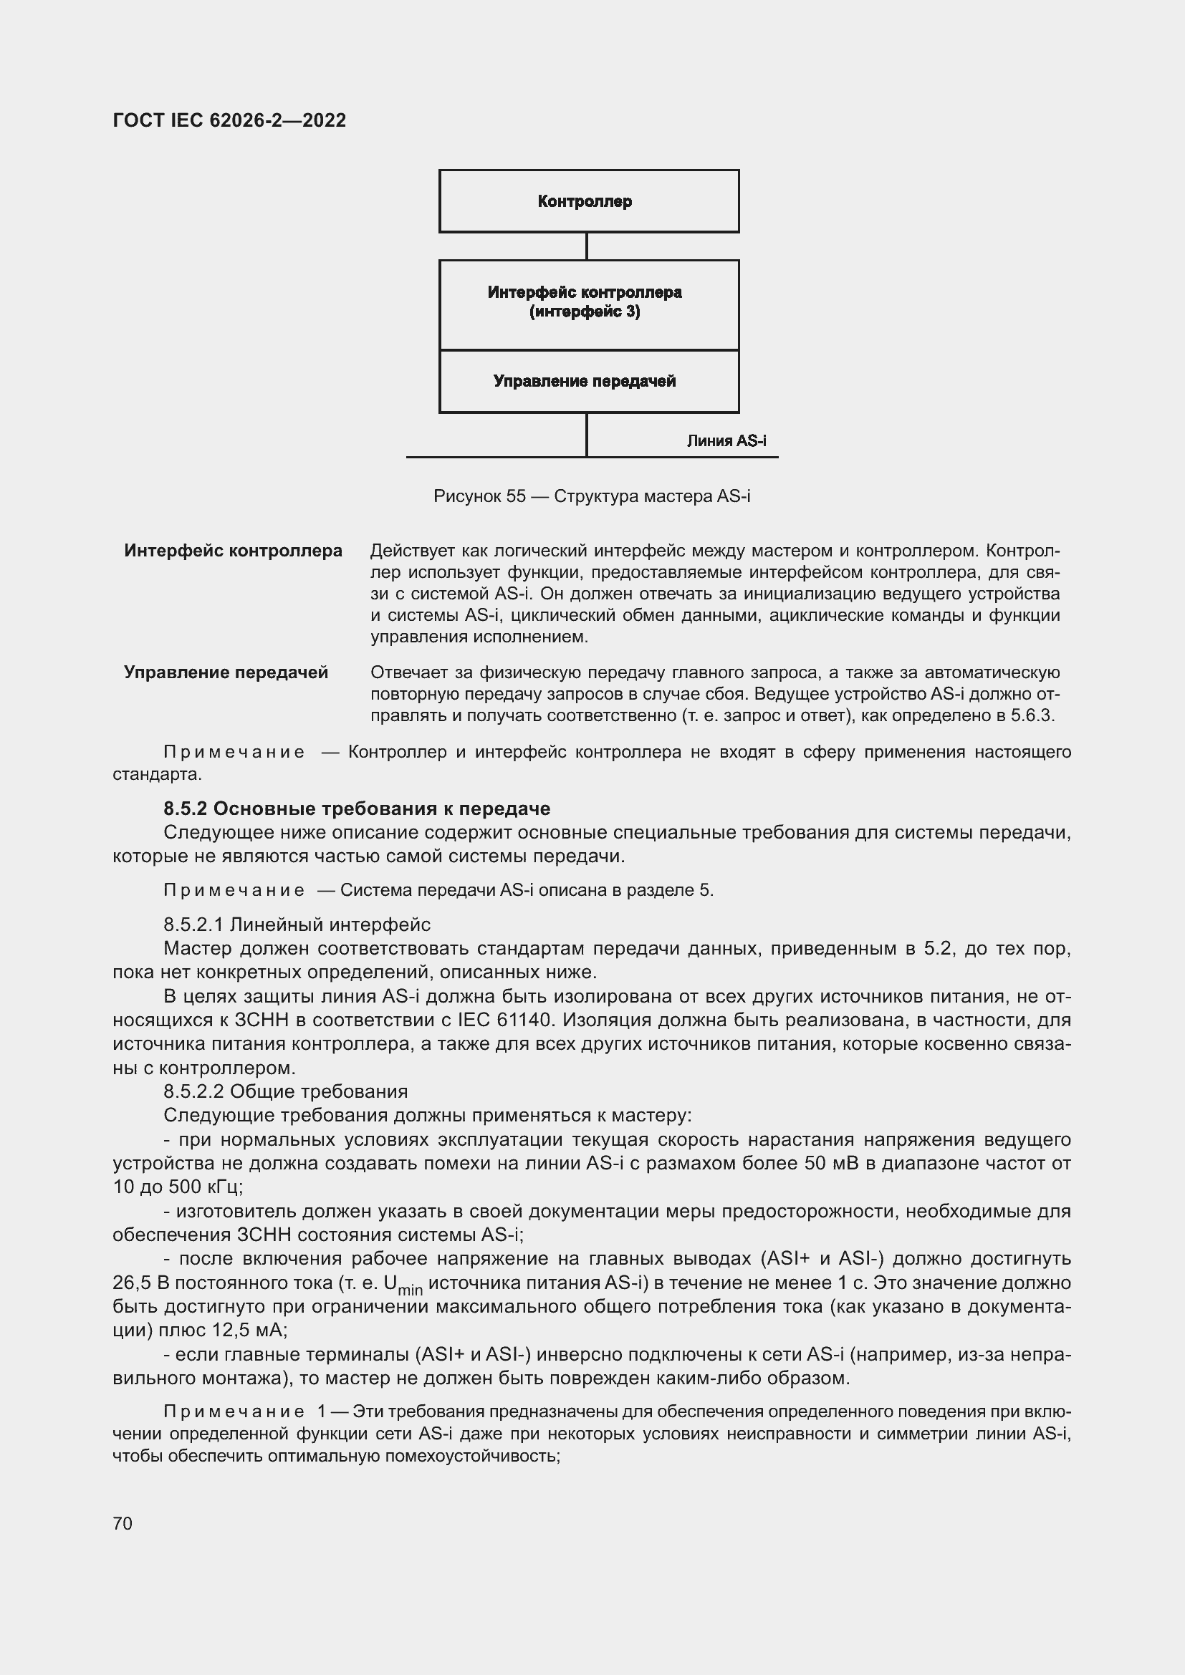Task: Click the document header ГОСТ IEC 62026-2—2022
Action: [x=229, y=120]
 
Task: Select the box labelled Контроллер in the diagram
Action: [x=588, y=201]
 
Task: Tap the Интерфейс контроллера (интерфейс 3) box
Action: [x=588, y=303]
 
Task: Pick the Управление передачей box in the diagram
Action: [x=588, y=381]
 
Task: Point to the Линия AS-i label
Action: [x=726, y=440]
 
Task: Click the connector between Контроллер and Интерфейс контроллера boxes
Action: [x=587, y=246]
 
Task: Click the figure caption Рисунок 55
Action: [x=591, y=496]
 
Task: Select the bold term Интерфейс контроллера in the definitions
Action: [x=233, y=550]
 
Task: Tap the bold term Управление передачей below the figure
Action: [x=226, y=672]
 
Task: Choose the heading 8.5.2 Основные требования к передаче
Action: [x=357, y=808]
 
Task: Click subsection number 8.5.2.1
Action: [x=193, y=925]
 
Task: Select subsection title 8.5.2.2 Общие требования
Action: [x=285, y=1091]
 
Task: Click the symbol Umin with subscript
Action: [x=402, y=1284]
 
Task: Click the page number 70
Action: [x=123, y=1523]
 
